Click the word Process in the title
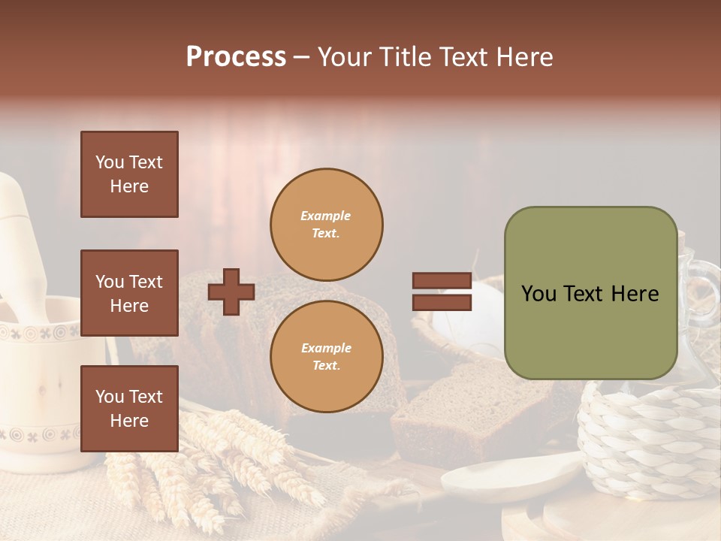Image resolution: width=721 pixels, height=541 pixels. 236,57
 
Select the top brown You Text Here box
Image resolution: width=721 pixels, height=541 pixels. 129,174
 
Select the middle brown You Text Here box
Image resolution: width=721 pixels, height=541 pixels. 129,293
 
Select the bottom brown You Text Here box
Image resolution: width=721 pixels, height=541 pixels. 129,408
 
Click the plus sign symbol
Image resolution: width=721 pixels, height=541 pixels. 231,292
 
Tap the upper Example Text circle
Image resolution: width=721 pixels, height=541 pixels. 327,225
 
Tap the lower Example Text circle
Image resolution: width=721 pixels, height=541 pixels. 327,356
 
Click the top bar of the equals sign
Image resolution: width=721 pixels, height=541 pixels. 442,281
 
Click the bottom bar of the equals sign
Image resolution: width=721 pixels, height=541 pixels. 442,302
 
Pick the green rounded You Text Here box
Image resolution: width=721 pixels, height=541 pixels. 590,293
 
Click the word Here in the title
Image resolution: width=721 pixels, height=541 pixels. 523,57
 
